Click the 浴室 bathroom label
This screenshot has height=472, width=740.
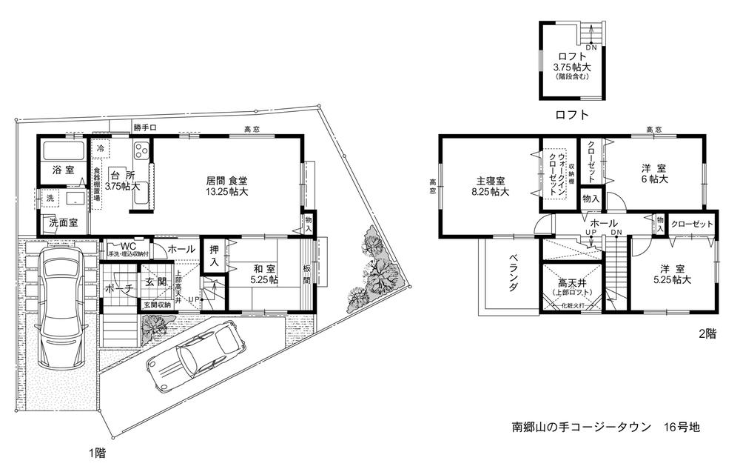pos(62,170)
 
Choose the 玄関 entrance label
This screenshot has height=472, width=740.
pos(155,282)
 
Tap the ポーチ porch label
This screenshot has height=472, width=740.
pos(119,287)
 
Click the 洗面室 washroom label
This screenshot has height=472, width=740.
pos(63,222)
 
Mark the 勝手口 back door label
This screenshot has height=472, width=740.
pos(145,127)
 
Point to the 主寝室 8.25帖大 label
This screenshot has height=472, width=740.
pos(490,186)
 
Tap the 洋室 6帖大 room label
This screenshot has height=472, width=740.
pos(654,173)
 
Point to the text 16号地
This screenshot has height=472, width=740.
pos(682,427)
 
